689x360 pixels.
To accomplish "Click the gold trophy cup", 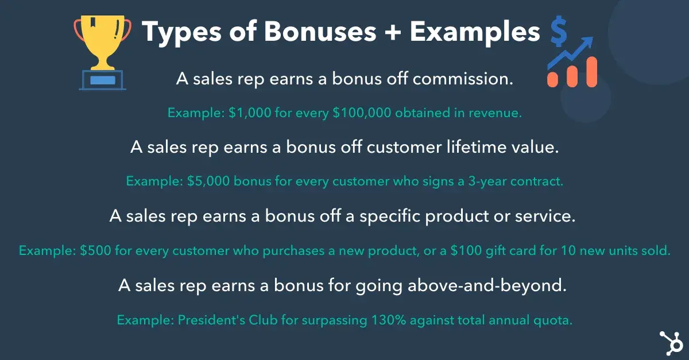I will (102, 38).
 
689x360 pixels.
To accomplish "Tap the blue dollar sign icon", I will (558, 33).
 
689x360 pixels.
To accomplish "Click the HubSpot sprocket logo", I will (669, 343).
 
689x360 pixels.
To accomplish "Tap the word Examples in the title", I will (475, 33).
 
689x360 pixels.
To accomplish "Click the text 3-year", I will (477, 182).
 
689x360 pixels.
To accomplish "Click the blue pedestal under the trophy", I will (102, 80).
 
